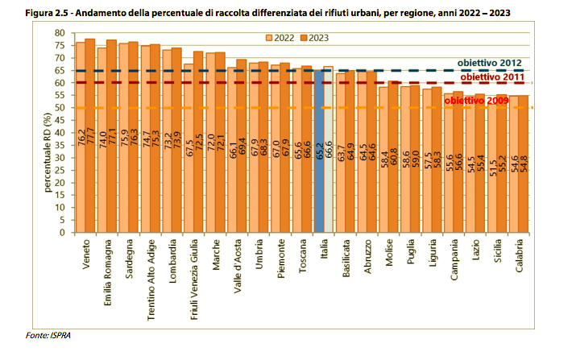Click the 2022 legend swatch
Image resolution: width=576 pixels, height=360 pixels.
(271, 37)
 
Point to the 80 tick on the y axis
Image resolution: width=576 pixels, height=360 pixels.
(59, 32)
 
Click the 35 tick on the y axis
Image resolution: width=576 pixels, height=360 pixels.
(59, 145)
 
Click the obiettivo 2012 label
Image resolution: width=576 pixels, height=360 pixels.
(490, 63)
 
